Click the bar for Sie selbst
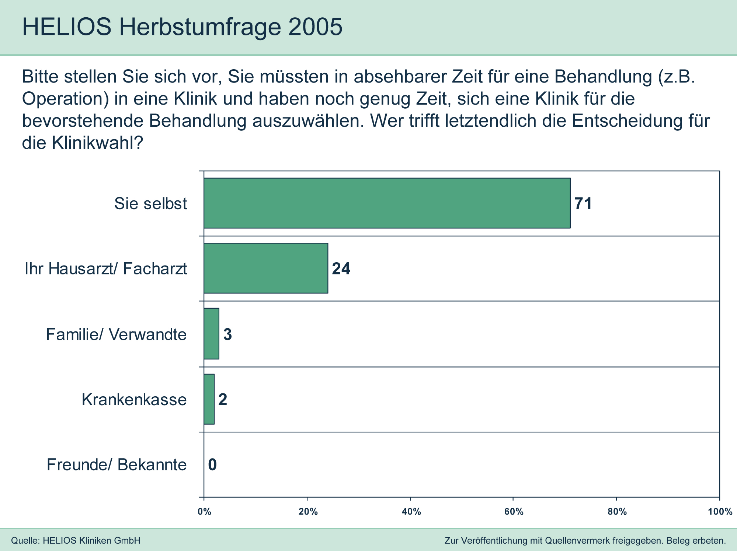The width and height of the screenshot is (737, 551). [x=387, y=203]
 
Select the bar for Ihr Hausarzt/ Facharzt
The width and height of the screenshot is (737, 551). [x=266, y=268]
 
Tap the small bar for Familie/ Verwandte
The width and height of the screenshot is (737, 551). [x=212, y=334]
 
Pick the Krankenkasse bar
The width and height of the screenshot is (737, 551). [x=209, y=399]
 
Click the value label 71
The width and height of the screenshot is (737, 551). [x=583, y=204]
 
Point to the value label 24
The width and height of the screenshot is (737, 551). [x=341, y=269]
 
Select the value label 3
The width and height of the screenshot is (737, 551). [x=227, y=334]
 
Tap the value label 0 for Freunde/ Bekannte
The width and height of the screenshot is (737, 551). [x=212, y=465]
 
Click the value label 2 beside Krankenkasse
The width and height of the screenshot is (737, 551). [x=223, y=400]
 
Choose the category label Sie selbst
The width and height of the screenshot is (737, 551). [x=150, y=204]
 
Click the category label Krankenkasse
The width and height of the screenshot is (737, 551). [x=134, y=400]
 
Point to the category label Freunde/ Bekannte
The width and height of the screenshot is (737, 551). [x=117, y=465]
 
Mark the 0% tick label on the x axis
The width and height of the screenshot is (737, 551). [x=204, y=512]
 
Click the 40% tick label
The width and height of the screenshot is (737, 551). [x=411, y=512]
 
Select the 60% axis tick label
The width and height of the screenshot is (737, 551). [x=514, y=512]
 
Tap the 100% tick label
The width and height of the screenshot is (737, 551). [x=720, y=512]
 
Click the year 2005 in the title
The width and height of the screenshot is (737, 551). [x=315, y=27]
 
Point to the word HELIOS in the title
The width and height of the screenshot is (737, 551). [x=67, y=27]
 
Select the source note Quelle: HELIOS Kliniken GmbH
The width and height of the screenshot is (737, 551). [x=76, y=541]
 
